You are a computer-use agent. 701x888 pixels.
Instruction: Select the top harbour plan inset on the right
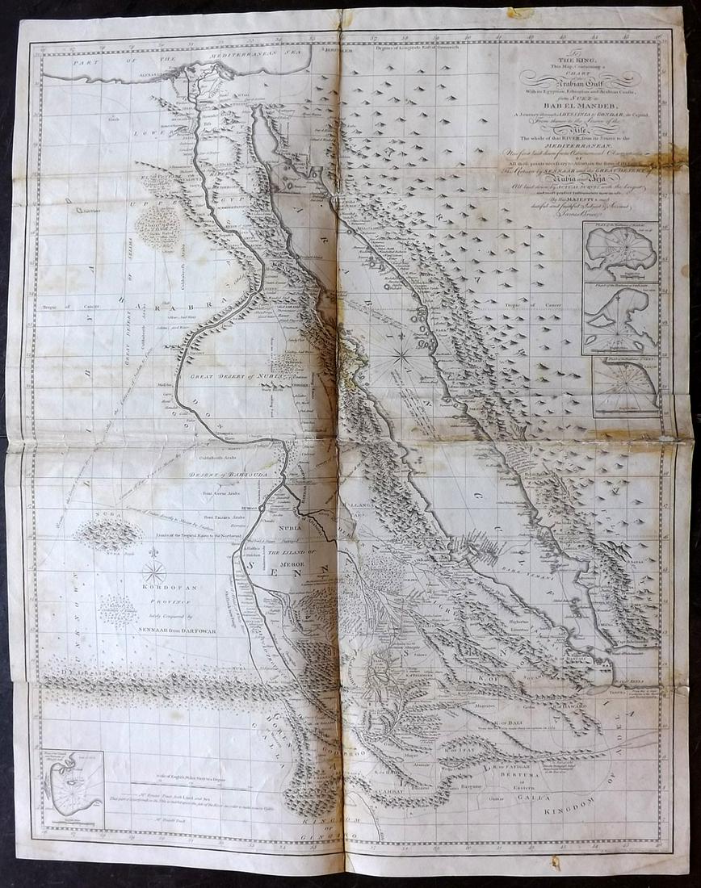(620, 251)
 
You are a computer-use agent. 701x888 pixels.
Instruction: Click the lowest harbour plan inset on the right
(624, 387)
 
